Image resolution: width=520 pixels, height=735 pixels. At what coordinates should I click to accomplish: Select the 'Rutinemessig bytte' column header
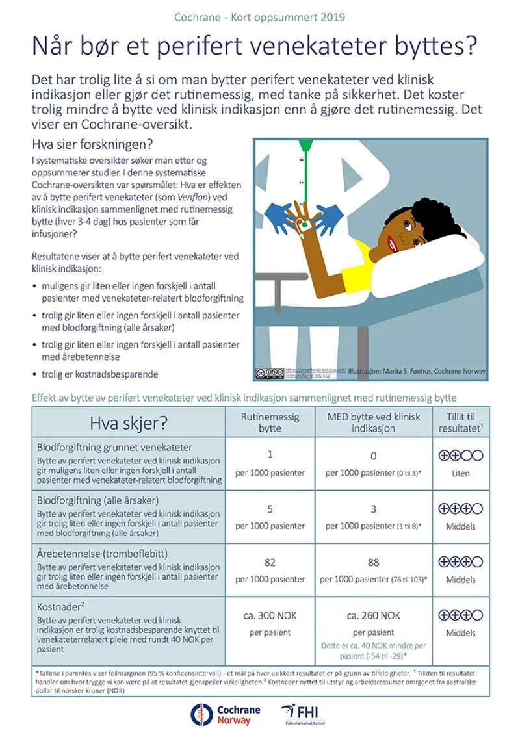(270, 423)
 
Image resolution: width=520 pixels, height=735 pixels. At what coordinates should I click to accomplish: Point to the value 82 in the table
(270, 562)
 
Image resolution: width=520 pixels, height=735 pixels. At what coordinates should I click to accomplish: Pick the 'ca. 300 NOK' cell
(270, 615)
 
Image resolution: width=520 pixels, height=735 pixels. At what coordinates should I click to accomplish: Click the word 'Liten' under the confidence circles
(460, 474)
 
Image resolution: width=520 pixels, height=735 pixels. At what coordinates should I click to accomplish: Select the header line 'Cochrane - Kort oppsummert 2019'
(259, 16)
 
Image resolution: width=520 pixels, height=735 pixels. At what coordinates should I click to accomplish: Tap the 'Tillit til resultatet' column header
(460, 423)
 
